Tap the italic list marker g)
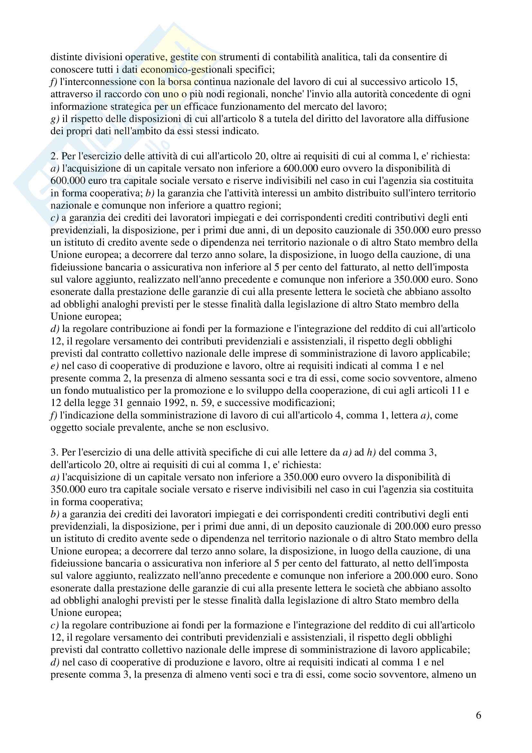tap(55, 119)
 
